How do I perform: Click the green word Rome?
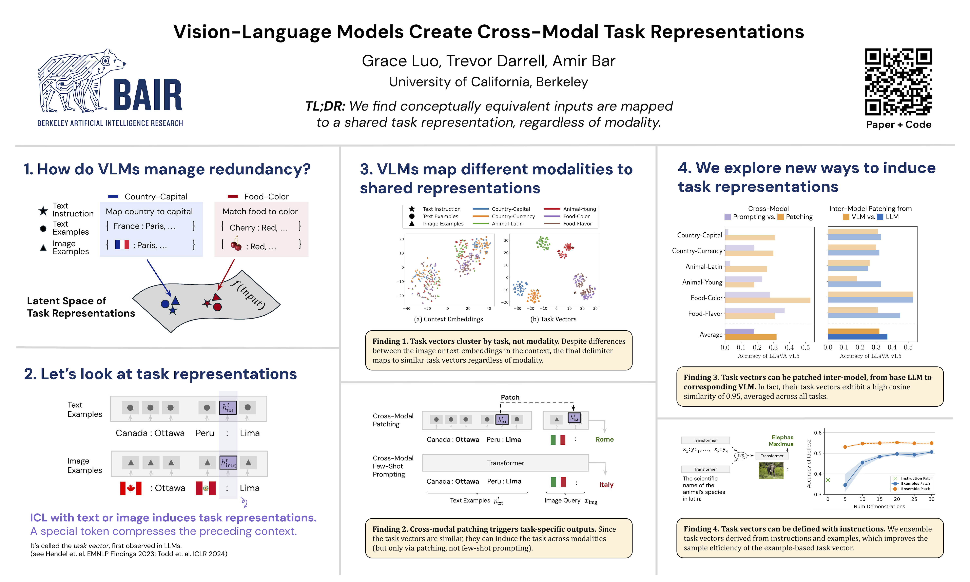tap(604, 439)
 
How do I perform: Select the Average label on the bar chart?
tap(711, 334)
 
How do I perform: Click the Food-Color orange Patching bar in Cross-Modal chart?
tap(767, 300)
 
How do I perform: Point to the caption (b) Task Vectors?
tap(553, 319)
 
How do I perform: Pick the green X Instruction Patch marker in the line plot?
tap(828, 480)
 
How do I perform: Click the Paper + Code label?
tap(898, 125)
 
